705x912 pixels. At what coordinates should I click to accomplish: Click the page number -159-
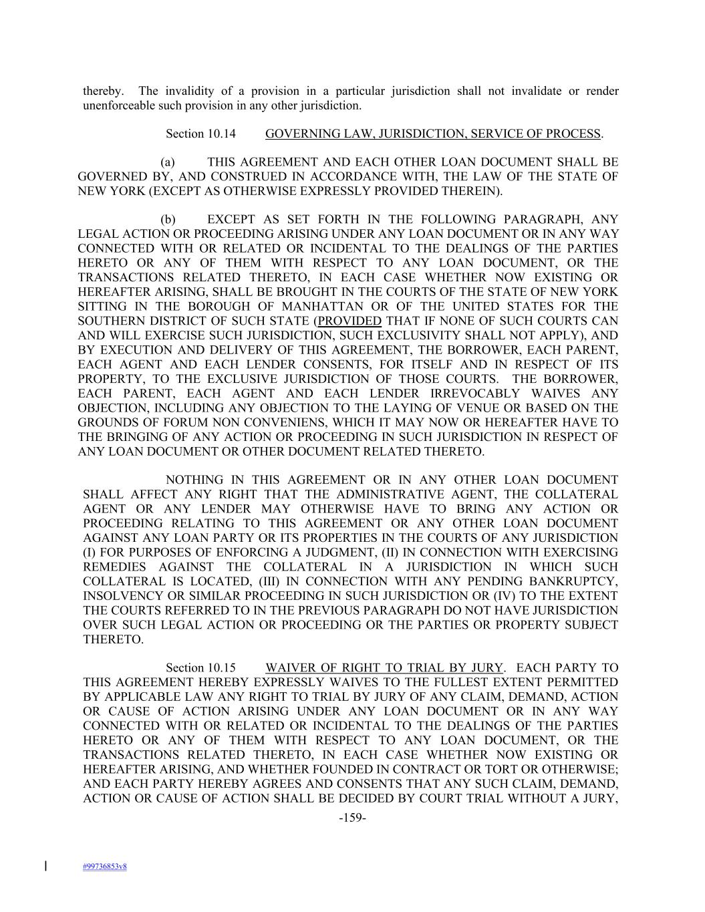[x=352, y=817]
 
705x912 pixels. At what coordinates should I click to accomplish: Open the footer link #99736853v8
[x=105, y=867]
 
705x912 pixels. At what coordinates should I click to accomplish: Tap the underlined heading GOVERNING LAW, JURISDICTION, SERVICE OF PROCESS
[x=433, y=134]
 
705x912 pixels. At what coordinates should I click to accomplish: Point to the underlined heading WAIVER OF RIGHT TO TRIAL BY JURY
[x=384, y=667]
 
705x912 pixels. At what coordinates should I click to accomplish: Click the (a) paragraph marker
[x=168, y=162]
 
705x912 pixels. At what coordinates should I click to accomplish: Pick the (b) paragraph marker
[x=168, y=220]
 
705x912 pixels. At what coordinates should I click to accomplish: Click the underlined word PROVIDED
[x=349, y=321]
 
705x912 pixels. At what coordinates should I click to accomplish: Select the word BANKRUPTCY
[x=576, y=581]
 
